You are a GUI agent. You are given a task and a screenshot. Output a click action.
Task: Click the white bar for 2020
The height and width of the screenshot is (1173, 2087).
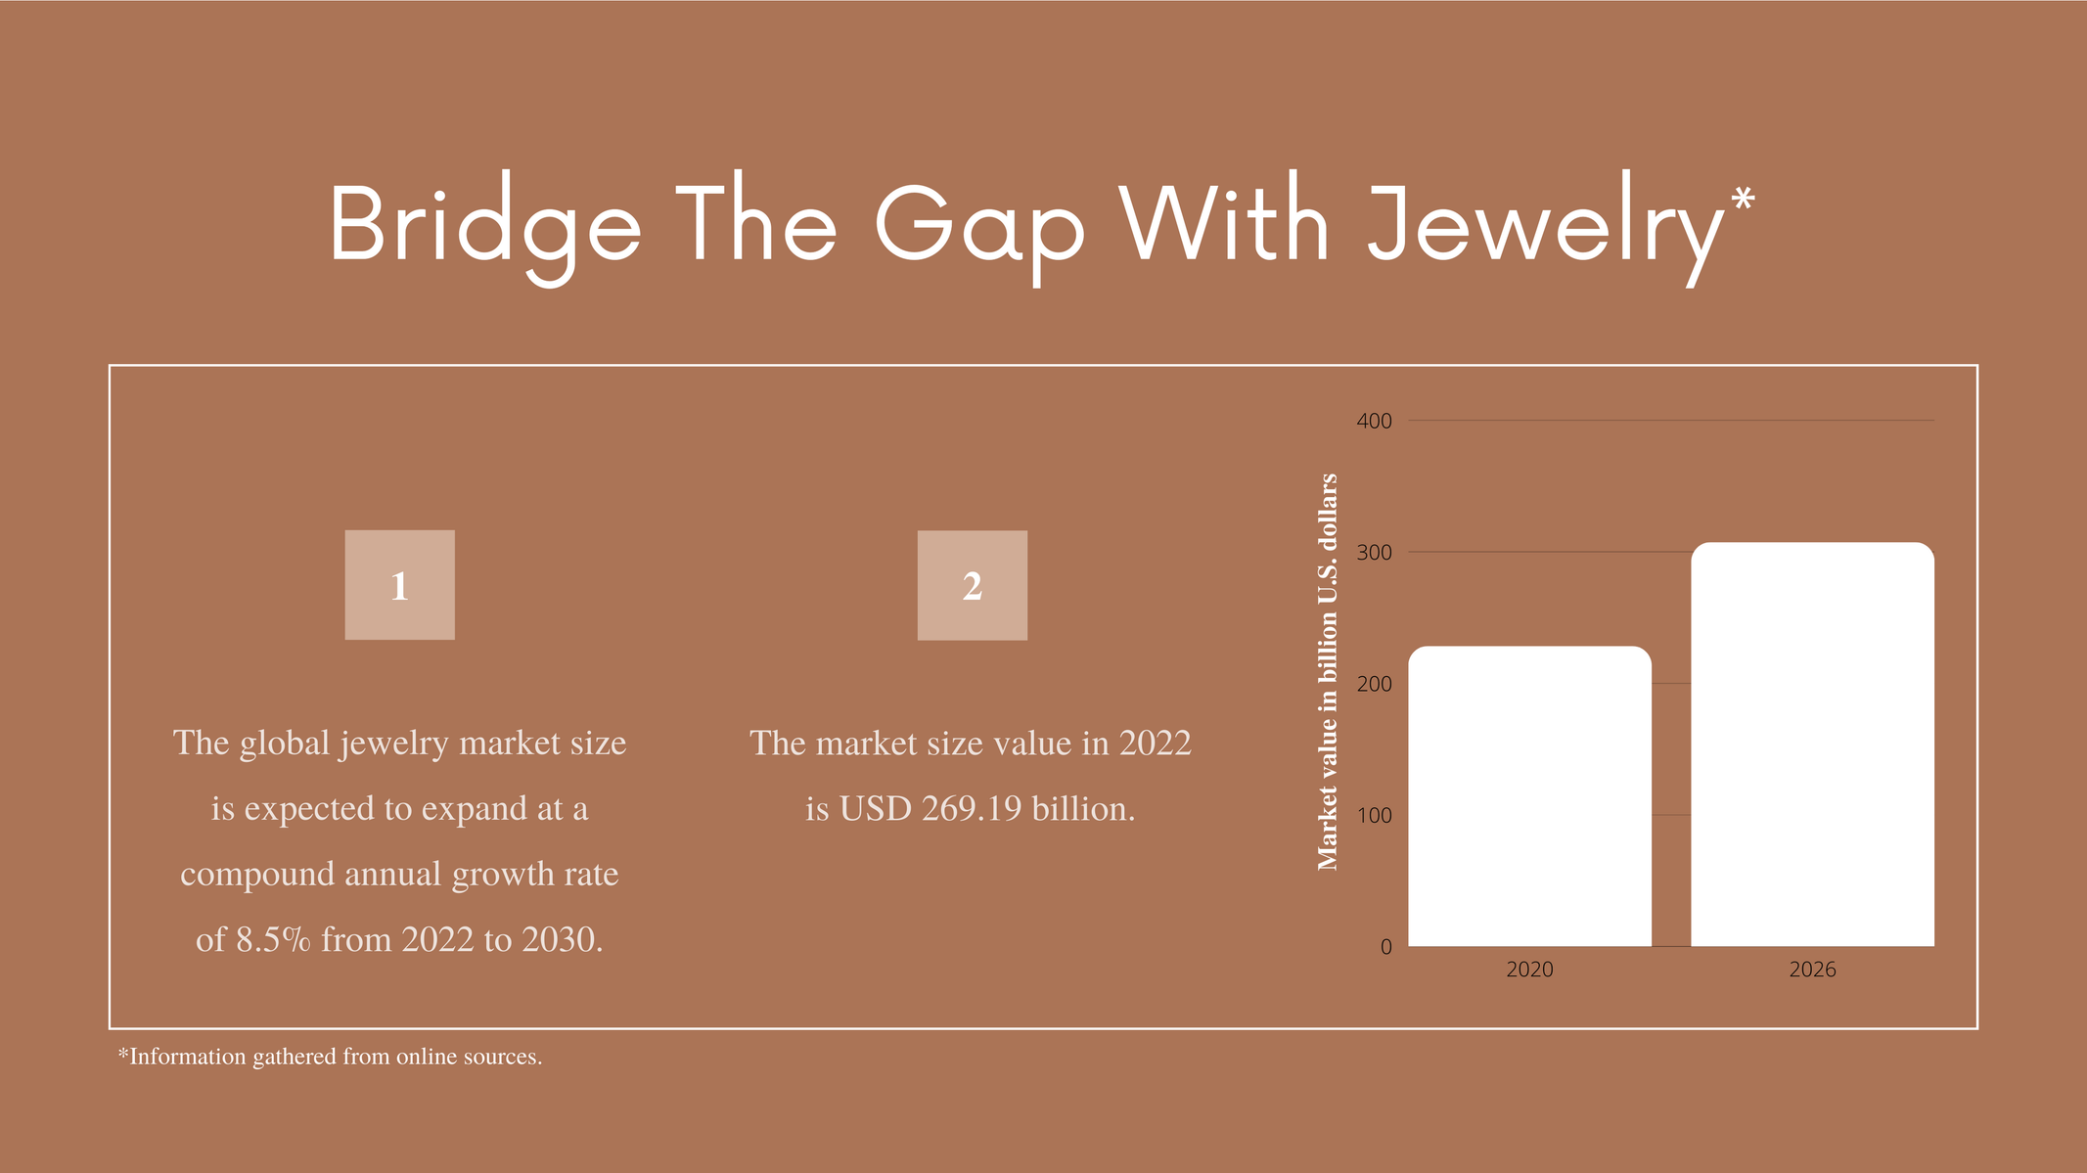pos(1529,795)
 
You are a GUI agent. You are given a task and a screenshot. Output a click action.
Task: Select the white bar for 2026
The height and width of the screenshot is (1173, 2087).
pos(1812,744)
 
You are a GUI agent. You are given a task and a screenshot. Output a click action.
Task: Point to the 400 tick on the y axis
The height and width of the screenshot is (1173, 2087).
pos(1374,422)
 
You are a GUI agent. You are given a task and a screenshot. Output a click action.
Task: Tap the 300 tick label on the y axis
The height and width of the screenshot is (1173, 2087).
pos(1374,553)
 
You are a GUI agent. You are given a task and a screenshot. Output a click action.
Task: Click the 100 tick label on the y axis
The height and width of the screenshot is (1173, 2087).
pos(1375,816)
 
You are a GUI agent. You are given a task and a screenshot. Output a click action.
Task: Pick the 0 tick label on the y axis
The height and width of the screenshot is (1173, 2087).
pos(1385,947)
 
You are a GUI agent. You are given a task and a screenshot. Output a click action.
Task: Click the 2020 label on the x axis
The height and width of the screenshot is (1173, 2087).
pos(1529,970)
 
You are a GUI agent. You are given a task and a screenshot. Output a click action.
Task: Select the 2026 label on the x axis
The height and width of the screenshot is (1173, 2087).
pos(1812,970)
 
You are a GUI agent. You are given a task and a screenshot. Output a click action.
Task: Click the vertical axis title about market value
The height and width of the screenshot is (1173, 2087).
pos(1327,672)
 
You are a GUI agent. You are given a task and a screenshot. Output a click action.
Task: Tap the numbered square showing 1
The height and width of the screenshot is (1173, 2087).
pos(399,585)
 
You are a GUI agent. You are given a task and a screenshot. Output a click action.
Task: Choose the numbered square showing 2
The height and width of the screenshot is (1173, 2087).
pos(972,585)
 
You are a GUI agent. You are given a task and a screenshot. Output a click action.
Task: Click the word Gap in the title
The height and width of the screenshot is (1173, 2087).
pos(978,231)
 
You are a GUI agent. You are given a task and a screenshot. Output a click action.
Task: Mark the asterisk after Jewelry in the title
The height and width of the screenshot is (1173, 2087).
pos(1742,199)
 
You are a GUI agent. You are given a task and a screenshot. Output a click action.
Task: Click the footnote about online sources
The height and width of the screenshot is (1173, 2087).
pos(330,1057)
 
